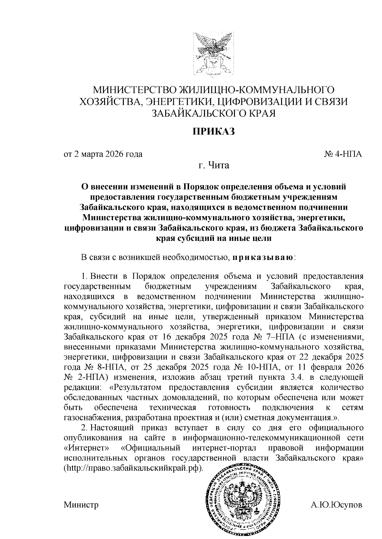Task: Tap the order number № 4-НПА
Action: [343, 154]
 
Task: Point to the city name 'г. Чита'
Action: [213, 166]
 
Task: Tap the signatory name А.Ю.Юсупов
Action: [336, 505]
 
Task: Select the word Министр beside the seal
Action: [81, 505]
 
